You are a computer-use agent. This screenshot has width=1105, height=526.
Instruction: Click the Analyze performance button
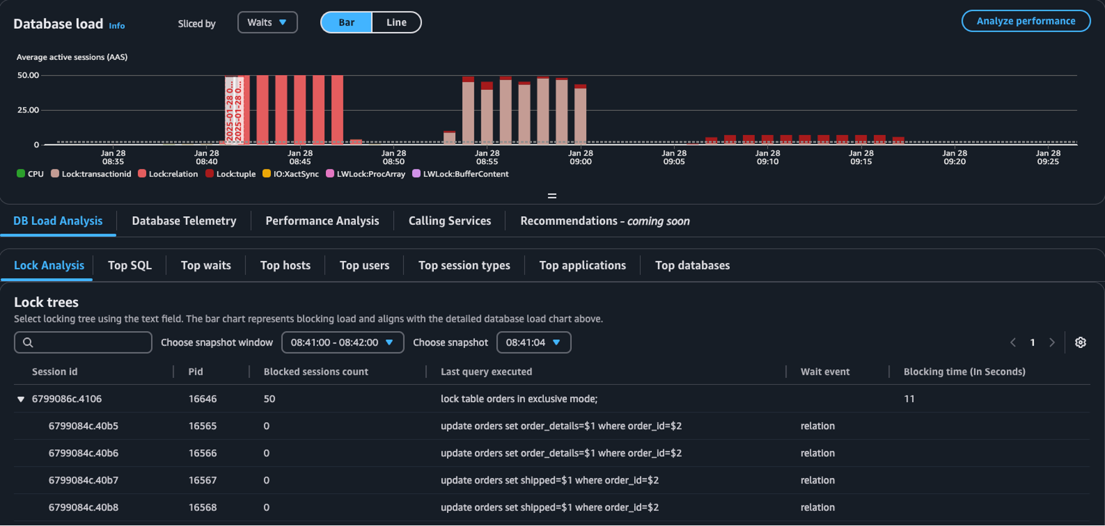point(1026,21)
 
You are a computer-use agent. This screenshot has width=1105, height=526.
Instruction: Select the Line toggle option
point(396,22)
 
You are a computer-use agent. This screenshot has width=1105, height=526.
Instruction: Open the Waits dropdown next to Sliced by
point(267,22)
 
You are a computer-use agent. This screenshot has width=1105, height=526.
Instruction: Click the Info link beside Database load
point(117,26)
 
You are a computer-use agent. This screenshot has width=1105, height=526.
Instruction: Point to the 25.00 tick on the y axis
point(28,110)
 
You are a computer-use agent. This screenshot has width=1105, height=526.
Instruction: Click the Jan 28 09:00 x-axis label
point(581,157)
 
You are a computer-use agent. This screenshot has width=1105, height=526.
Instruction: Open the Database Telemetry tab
point(184,221)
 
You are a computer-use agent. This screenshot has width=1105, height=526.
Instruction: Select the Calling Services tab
point(449,221)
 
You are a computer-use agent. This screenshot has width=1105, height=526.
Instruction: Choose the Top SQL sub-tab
point(130,265)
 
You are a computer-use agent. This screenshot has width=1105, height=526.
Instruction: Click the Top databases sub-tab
point(692,265)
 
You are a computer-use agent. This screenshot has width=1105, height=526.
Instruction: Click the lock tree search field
point(83,342)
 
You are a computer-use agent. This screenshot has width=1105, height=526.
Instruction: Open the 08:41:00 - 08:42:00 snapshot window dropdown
point(342,342)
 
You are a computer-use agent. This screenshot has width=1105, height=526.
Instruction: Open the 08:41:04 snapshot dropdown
point(533,342)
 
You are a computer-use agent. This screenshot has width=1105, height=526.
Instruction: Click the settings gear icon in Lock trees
point(1081,342)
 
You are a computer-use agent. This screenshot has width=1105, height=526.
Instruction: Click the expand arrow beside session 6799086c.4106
point(21,399)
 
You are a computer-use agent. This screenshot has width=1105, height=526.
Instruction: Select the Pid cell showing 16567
point(203,480)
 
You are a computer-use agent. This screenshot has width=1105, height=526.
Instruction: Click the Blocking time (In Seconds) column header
point(965,372)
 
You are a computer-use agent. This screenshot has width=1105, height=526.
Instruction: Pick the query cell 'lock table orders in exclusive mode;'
point(519,399)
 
